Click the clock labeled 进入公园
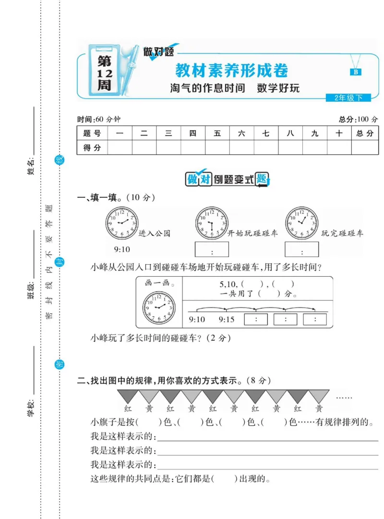point(121,222)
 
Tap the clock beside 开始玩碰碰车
point(211,222)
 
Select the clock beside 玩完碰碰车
point(301,222)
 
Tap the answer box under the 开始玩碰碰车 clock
point(212,249)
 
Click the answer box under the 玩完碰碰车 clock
point(301,249)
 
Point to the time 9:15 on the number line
point(226,320)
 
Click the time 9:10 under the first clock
point(122,249)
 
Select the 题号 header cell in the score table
point(92,134)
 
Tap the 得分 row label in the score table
point(92,148)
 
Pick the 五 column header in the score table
point(217,134)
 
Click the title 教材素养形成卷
point(231,71)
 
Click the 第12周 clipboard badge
point(104,72)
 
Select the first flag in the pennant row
point(128,396)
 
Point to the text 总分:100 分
point(358,119)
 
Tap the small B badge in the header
point(356,72)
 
